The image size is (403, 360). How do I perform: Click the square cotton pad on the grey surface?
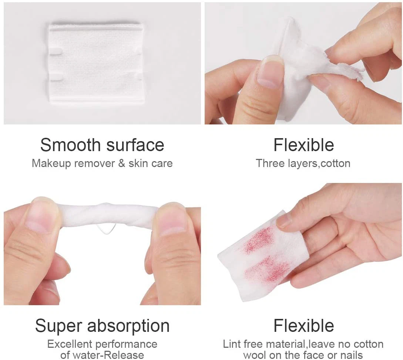point(96,63)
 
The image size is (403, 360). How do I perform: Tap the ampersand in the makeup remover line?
point(122,163)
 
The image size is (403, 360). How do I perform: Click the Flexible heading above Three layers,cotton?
point(303,145)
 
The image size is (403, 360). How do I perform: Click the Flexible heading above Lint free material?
point(303,326)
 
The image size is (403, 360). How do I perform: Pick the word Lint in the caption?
point(231,344)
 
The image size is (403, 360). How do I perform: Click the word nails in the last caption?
point(350,355)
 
